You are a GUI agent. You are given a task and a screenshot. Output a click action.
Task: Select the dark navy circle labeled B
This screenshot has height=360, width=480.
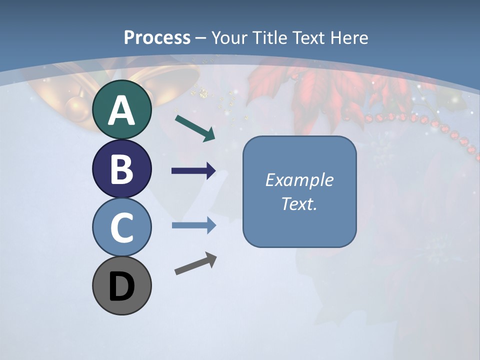(121, 168)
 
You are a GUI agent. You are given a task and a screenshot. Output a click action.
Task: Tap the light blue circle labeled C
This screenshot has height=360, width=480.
(121, 227)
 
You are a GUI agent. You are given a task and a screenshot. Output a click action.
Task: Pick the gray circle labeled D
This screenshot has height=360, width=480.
(121, 285)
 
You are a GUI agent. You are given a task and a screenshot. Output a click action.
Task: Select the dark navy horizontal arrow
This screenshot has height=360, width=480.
(193, 171)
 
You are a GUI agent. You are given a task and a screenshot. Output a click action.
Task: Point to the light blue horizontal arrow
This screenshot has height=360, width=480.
(193, 225)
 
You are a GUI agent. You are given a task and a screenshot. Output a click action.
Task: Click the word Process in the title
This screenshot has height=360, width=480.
(157, 38)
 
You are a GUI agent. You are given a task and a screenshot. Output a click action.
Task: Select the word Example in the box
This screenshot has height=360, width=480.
(299, 180)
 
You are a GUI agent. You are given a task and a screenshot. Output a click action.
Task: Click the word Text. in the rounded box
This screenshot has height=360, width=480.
(299, 204)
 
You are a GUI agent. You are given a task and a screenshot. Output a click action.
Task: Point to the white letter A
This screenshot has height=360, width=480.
(121, 110)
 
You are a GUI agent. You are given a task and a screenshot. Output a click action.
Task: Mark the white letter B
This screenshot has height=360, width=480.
(121, 169)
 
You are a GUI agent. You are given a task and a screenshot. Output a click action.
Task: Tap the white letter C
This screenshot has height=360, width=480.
(121, 227)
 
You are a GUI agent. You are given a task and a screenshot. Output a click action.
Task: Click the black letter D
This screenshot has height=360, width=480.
(121, 286)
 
